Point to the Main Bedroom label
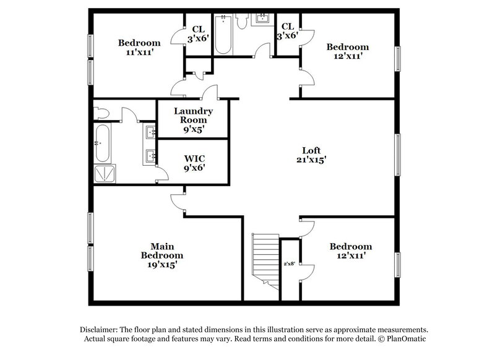coord(161,251)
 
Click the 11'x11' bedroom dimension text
coord(139,53)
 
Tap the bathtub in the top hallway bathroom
coord(223,34)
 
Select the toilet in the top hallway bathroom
coord(243,21)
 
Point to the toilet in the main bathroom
coord(101,113)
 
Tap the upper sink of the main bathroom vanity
coord(150,131)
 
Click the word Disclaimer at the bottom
coord(101,330)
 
